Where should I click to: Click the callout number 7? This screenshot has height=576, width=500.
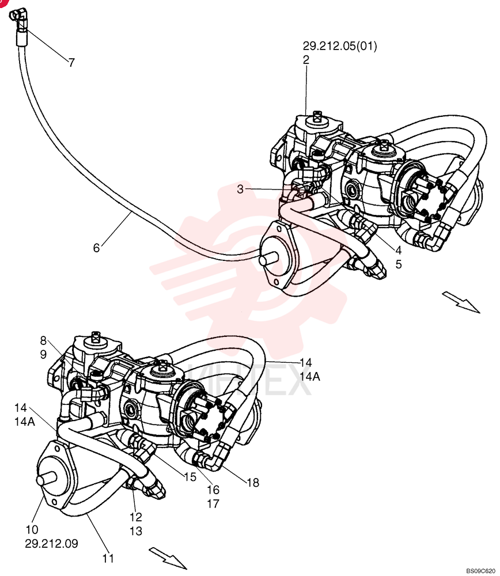point(71,62)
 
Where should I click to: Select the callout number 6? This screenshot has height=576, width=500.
point(96,248)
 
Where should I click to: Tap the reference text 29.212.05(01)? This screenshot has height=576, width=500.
point(340,46)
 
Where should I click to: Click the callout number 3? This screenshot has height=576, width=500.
point(240,189)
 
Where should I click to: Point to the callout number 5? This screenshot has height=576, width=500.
point(399,264)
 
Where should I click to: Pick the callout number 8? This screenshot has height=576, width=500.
point(43,341)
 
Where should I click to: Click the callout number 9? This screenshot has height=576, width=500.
point(43,354)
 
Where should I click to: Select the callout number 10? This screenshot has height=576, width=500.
point(32,530)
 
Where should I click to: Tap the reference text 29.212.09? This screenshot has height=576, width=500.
point(51,543)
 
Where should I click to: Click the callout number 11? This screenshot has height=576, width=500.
point(108,558)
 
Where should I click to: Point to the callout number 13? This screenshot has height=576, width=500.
point(136,531)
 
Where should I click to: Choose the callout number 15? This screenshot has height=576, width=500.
point(190,477)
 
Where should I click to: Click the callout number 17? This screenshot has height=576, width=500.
point(213,503)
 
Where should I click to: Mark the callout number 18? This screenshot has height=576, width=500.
point(253,482)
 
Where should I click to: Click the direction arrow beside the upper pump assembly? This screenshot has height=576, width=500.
point(461,302)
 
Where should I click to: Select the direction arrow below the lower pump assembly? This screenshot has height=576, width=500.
point(168,558)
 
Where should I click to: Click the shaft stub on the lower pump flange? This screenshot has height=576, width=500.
point(47,479)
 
